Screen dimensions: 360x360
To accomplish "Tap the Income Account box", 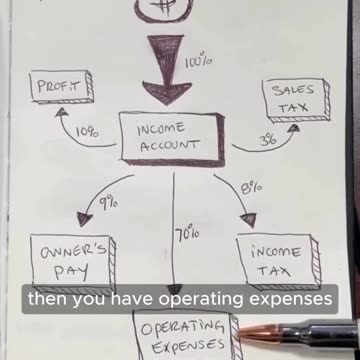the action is tap(171, 141).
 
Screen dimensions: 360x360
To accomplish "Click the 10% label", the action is tap(86, 131).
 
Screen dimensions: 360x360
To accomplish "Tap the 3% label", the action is tap(267, 141).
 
